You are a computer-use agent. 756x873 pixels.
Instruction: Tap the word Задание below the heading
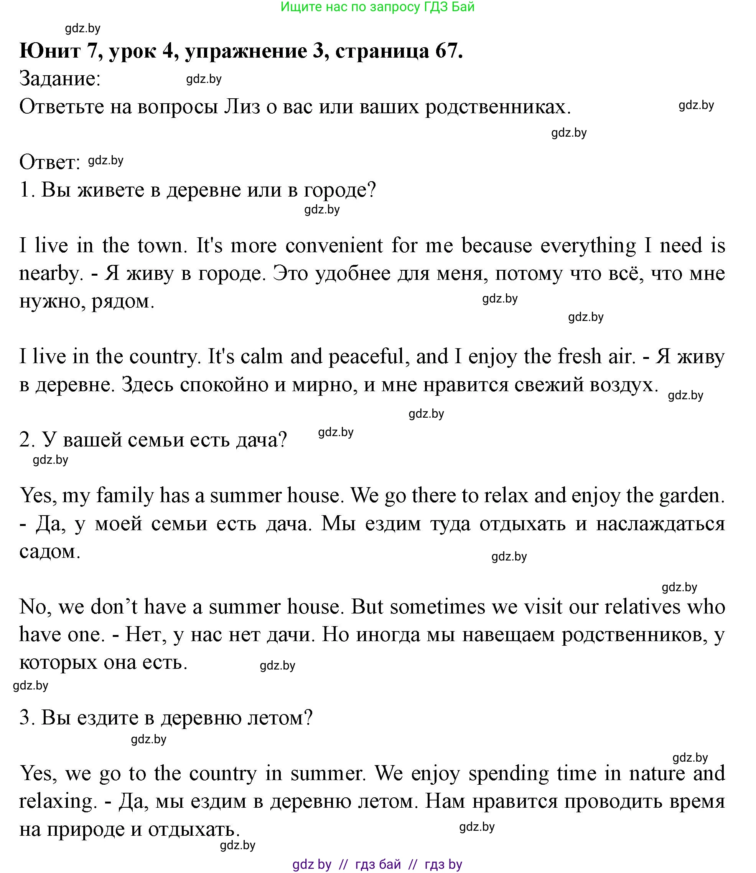59,79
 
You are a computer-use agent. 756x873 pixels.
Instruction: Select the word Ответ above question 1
49,162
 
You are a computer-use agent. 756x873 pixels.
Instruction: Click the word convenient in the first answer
334,246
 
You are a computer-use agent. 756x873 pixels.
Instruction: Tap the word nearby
49,274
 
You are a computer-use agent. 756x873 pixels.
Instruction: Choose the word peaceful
366,357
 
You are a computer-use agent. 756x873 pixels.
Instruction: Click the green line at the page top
377,7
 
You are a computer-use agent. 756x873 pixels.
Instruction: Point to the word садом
49,551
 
